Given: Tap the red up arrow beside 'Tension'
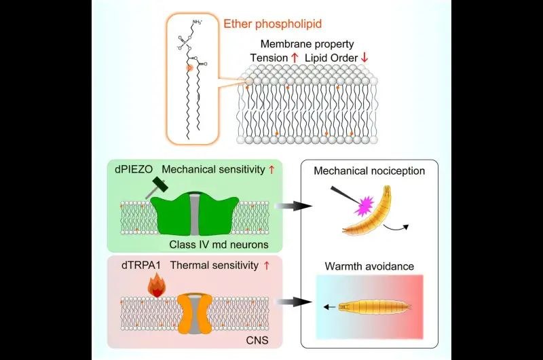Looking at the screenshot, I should (x=295, y=58).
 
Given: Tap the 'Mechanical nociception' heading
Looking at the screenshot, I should (x=369, y=171).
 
